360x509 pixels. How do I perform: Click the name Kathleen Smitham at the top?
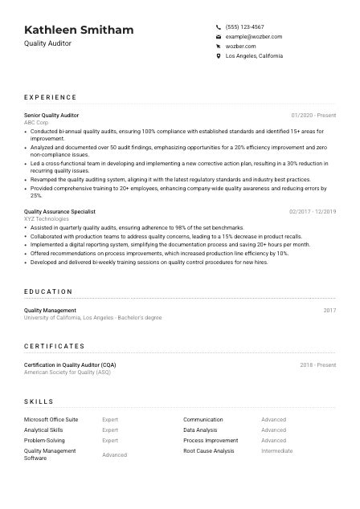(79, 31)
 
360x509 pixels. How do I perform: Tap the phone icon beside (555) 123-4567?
(219, 26)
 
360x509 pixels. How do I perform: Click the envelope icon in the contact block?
(219, 36)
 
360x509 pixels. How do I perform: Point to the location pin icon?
(219, 56)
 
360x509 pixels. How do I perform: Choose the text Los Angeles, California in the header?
(254, 56)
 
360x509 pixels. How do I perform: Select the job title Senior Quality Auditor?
(51, 116)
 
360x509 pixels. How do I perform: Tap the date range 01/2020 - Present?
(313, 116)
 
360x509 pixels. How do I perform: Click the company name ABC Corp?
(37, 123)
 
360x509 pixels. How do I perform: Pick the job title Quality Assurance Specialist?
(59, 211)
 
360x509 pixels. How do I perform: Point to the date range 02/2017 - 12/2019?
(313, 211)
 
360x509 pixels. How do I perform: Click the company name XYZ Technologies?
(47, 218)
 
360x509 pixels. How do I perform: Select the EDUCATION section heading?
(48, 292)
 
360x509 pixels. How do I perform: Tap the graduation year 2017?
(329, 310)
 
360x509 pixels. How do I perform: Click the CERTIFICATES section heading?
(54, 346)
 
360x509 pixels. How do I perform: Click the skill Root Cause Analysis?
(209, 451)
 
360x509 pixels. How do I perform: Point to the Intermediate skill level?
(277, 451)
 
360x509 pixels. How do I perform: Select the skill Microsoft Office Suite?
(51, 419)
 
